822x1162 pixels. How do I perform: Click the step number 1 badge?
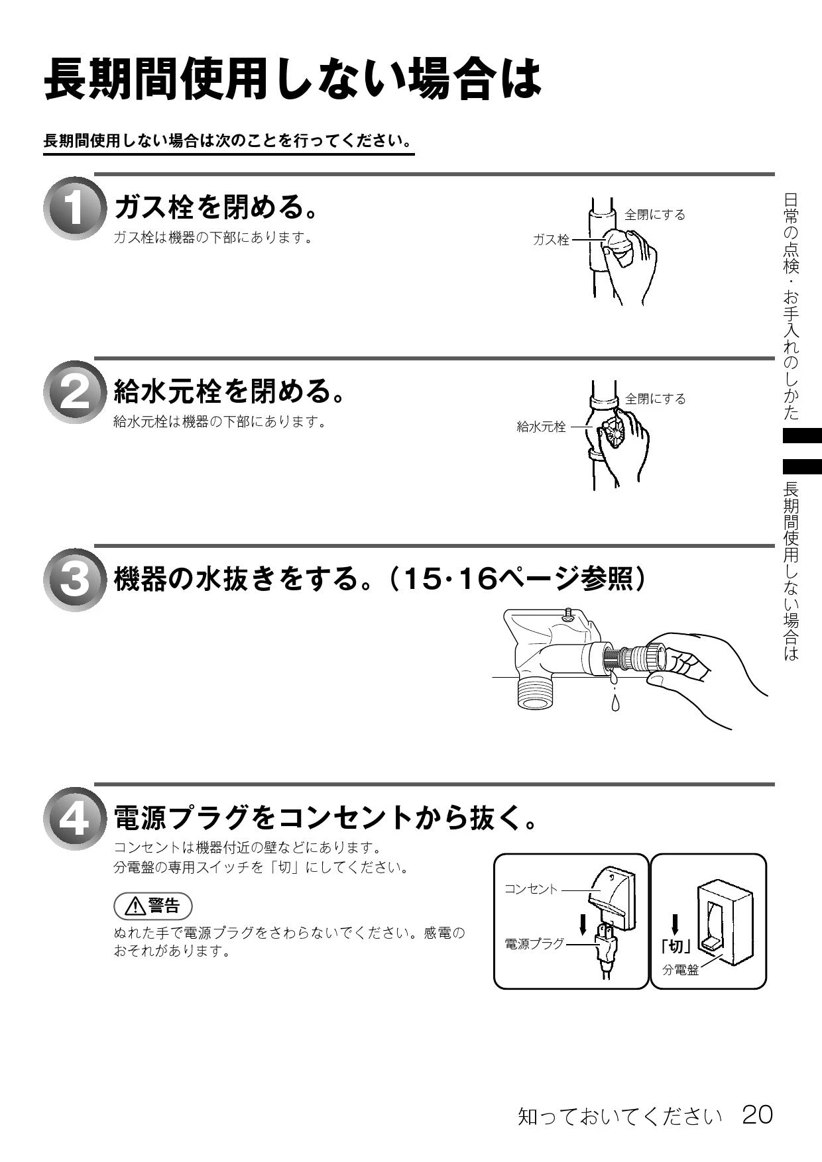pyautogui.click(x=74, y=208)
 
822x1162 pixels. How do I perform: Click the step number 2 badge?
pyautogui.click(x=74, y=392)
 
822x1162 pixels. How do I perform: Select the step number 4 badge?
pyautogui.click(x=74, y=819)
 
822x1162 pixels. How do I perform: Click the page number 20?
pyautogui.click(x=758, y=1114)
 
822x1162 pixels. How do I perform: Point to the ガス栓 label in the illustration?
pyautogui.click(x=552, y=240)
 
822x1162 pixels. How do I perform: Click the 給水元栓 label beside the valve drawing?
pyautogui.click(x=542, y=427)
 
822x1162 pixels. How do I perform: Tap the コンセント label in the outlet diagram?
pyautogui.click(x=531, y=888)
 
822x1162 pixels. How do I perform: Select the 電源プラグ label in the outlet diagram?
pyautogui.click(x=534, y=943)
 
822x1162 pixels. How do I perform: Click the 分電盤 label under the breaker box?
pyautogui.click(x=681, y=969)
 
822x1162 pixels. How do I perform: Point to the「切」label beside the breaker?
pyautogui.click(x=675, y=947)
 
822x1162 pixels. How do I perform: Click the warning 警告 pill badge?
pyautogui.click(x=153, y=905)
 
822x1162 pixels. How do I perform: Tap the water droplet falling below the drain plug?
pyautogui.click(x=616, y=702)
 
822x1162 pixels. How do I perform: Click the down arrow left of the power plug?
pyautogui.click(x=583, y=925)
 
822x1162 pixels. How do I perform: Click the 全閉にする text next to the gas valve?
pyautogui.click(x=655, y=215)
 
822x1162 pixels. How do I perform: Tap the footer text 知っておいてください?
pyautogui.click(x=620, y=1117)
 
